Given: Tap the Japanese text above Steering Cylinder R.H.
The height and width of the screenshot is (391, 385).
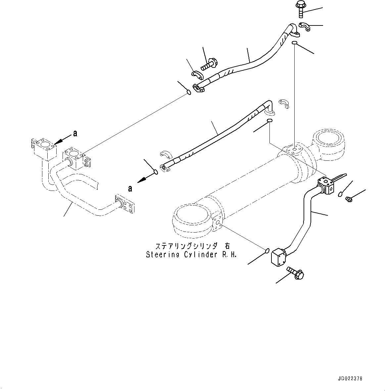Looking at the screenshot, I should (x=192, y=246).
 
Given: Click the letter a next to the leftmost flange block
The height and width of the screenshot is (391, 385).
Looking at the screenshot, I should (x=75, y=133).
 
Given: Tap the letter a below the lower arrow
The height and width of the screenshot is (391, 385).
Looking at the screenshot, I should (x=130, y=188).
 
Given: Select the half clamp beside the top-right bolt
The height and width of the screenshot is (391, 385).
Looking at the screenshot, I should (x=305, y=26).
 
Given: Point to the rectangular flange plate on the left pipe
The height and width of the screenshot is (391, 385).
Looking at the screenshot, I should (x=124, y=203).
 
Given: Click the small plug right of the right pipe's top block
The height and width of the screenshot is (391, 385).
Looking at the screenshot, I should (x=349, y=198).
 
